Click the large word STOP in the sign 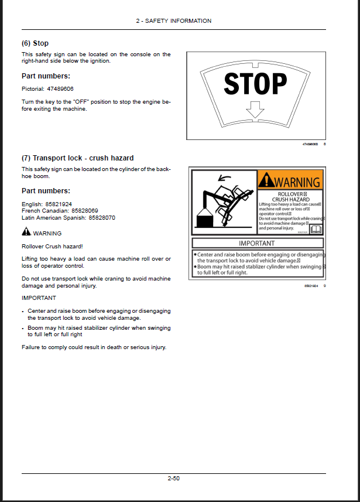point(256,84)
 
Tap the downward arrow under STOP point(255,109)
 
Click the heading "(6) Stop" point(35,43)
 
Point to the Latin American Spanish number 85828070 point(102,217)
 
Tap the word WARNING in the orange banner point(298,182)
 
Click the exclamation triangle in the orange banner point(267,181)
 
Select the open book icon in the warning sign point(316,229)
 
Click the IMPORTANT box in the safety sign point(257,243)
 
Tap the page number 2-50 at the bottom point(173,479)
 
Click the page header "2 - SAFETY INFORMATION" point(173,21)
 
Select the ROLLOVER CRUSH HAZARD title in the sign point(291,196)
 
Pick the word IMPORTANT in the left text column point(39,298)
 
